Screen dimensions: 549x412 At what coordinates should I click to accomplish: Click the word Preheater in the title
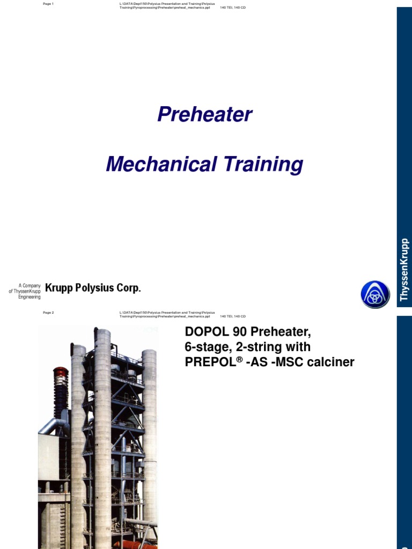pos(204,114)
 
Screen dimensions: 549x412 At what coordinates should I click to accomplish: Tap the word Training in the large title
pos(261,164)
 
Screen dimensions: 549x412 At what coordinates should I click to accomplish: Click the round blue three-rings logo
pos(375,294)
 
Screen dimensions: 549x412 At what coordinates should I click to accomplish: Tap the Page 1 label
pos(48,4)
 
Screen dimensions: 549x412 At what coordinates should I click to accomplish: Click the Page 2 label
pos(48,313)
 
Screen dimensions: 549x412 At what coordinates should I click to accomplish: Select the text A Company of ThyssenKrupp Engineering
pos(25,291)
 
